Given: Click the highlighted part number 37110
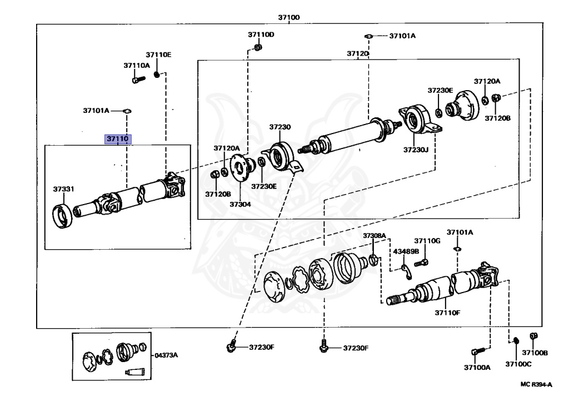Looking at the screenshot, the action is (118, 138).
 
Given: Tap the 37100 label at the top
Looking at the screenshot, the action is (289, 17).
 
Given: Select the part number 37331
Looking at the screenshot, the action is (63, 189).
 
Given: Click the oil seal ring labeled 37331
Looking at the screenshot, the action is (63, 217).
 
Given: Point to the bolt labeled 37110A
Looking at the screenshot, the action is (138, 79).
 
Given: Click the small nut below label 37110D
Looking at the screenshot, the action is (258, 47).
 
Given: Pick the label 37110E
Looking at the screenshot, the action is (158, 55).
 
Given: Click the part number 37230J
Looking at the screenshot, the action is (416, 149).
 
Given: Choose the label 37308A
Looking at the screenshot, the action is (374, 236).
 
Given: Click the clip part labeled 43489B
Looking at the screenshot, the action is (406, 272).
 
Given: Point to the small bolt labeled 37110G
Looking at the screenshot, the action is (421, 263).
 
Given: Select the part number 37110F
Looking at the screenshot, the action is (447, 313).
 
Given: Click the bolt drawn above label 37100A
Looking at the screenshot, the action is (478, 351).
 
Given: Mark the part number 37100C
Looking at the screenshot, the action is (518, 364).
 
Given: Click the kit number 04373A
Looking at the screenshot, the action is (166, 355).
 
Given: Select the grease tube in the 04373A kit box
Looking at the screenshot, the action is (135, 372).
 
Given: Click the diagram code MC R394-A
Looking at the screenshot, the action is (536, 384).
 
